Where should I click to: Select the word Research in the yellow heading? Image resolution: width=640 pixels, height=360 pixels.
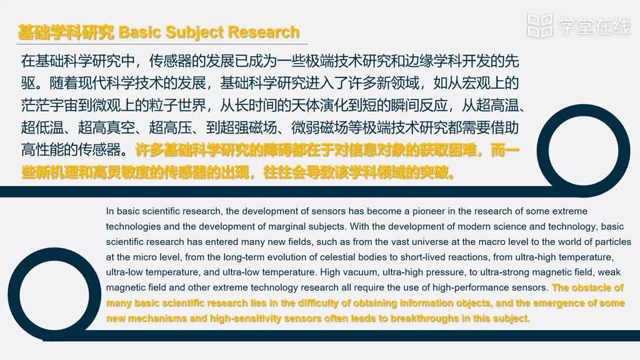(x=264, y=32)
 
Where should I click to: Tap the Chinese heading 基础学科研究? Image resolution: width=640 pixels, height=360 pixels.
(x=66, y=32)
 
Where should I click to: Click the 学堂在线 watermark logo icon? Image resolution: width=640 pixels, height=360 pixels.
(x=540, y=26)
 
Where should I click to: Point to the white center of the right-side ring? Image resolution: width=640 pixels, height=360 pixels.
(x=583, y=151)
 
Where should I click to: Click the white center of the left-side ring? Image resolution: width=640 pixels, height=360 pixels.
(x=54, y=294)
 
